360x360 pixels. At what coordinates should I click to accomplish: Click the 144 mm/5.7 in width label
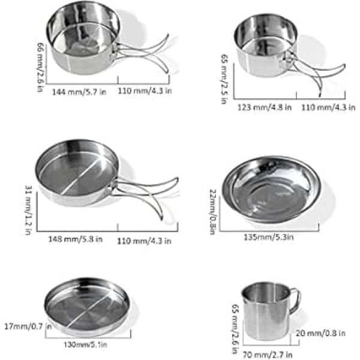(x=79, y=92)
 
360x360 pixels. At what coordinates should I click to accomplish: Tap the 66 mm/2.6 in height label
(x=40, y=67)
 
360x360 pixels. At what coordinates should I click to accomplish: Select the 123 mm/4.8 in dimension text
(x=264, y=107)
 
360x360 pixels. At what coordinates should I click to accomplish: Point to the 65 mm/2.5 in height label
(x=224, y=79)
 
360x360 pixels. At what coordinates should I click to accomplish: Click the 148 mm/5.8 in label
(x=76, y=239)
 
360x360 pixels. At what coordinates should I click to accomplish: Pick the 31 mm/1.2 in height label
(x=28, y=210)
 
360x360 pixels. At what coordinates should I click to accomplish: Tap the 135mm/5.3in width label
(x=268, y=237)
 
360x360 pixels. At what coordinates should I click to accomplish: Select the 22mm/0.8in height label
(x=213, y=212)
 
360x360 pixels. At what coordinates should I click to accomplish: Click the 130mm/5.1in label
(x=85, y=344)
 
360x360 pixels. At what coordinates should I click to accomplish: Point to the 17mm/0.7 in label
(x=28, y=326)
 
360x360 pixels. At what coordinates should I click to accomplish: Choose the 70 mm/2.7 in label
(x=268, y=355)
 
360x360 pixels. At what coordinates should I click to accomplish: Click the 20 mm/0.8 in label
(x=320, y=333)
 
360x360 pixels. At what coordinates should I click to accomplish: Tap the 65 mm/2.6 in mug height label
(x=235, y=329)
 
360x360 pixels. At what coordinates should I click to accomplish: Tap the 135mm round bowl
(x=271, y=190)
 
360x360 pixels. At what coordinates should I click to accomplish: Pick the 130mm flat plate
(x=87, y=306)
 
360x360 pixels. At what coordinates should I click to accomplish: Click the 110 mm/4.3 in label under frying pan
(x=144, y=241)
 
